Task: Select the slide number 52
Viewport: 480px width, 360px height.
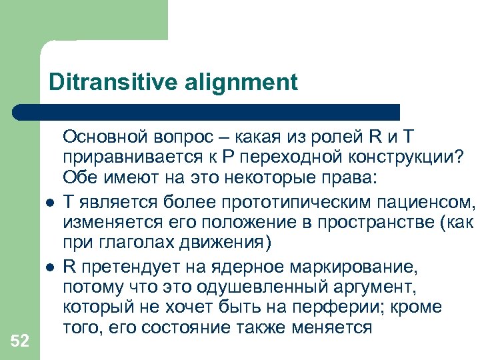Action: [x=20, y=341]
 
